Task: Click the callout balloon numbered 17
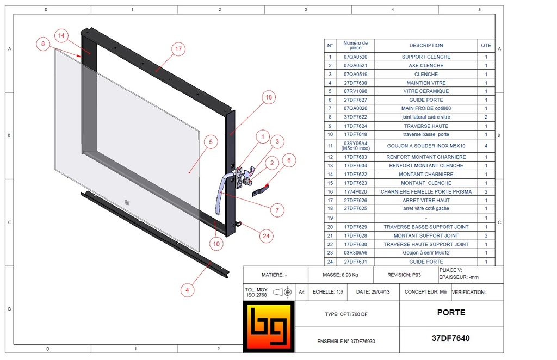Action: [x=178, y=49]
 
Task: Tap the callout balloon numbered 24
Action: [x=265, y=235]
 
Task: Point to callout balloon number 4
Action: [x=187, y=290]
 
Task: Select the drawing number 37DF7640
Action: [x=450, y=338]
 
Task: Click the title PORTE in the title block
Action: [x=450, y=313]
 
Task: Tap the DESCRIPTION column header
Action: [x=426, y=46]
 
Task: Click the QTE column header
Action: [x=486, y=46]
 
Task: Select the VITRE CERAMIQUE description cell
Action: [x=426, y=91]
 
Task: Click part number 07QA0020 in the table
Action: [x=355, y=109]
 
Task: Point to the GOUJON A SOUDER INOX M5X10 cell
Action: [x=426, y=146]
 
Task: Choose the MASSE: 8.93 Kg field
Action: [x=341, y=275]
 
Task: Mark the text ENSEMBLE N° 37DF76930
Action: [x=346, y=342]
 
